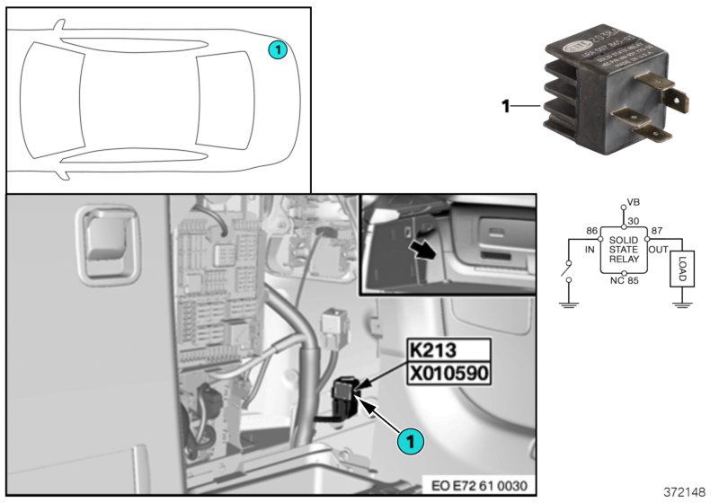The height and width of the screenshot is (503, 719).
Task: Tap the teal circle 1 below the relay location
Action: point(410,441)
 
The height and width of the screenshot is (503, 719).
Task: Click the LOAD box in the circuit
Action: point(681,269)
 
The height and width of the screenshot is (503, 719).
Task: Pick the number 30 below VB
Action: point(635,222)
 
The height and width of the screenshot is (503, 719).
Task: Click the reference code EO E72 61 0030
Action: point(482,485)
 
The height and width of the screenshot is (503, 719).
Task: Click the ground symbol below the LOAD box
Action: point(681,304)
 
